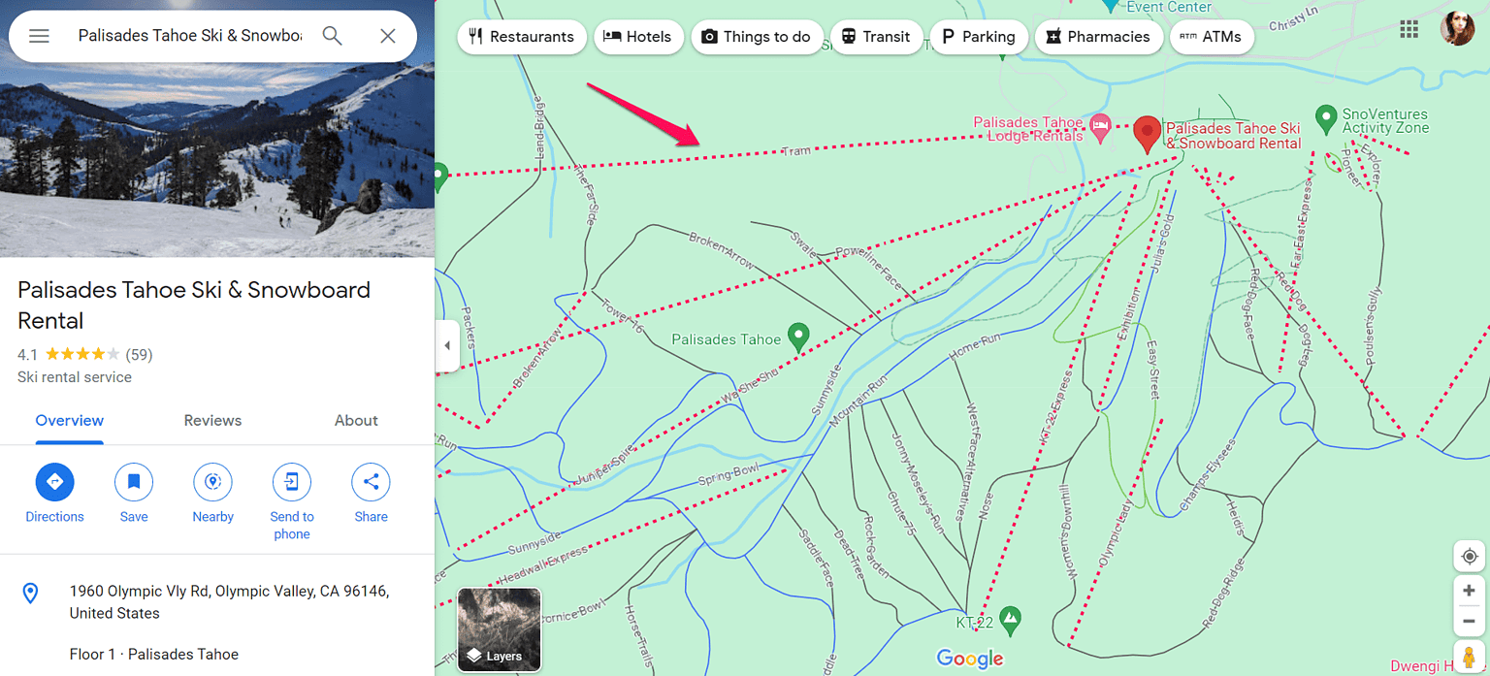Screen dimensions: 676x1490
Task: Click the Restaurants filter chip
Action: [522, 37]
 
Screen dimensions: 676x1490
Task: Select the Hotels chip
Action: [637, 37]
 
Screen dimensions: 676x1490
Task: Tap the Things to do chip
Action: [756, 37]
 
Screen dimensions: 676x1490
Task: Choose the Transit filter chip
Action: [876, 37]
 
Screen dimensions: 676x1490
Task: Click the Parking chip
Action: [978, 37]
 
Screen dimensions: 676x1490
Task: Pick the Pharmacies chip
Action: [1098, 37]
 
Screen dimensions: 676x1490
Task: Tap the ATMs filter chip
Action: [1212, 37]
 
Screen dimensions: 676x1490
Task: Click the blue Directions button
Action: [54, 482]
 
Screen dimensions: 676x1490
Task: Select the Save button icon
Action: [134, 482]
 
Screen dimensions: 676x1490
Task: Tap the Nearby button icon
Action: [212, 482]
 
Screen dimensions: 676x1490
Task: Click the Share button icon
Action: [371, 482]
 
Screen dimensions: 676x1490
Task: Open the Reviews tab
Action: [212, 420]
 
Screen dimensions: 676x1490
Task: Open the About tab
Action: [356, 420]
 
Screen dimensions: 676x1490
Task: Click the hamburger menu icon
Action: [39, 36]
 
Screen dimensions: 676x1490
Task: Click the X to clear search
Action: [388, 36]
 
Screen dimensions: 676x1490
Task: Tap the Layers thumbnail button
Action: [499, 629]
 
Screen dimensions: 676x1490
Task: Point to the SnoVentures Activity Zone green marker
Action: [1326, 119]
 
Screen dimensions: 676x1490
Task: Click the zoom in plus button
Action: [1469, 591]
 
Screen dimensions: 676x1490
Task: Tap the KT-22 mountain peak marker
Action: [1011, 617]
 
